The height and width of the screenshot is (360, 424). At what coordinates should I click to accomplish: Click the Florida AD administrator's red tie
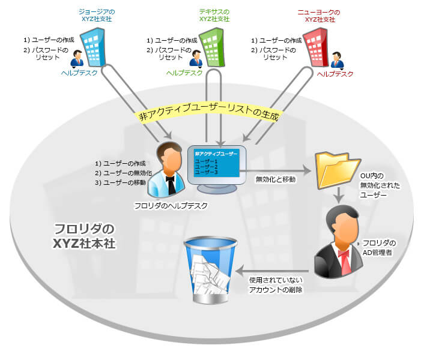point(344,259)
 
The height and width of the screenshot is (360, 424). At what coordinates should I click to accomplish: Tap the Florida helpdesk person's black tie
point(172,182)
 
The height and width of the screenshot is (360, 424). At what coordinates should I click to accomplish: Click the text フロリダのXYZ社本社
point(84,236)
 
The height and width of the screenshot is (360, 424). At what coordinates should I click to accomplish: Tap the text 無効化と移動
point(276,179)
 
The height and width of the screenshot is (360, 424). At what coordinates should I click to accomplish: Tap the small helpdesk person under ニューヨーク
point(337,61)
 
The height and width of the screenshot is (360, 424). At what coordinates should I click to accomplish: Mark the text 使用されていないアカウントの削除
point(276,285)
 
